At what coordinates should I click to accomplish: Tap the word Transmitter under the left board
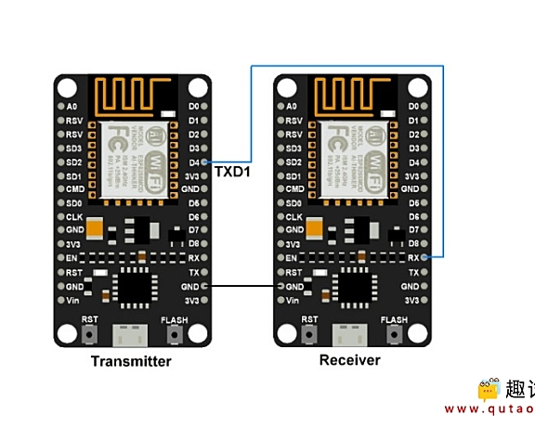point(131,361)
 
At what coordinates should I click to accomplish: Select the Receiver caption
point(349,360)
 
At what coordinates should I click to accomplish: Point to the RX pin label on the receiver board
point(414,257)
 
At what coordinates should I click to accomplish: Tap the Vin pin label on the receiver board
point(294,301)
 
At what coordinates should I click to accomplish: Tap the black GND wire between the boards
point(241,286)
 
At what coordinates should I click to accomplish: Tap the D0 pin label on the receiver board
point(414,106)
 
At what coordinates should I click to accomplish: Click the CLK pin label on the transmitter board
point(74,215)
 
